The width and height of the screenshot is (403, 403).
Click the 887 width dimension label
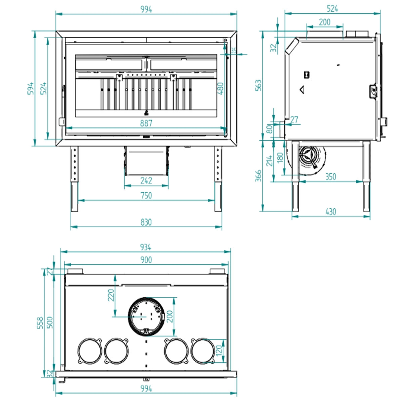(146, 123)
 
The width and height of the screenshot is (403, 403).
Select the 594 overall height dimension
(31, 88)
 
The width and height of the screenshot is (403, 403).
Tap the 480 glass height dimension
(220, 88)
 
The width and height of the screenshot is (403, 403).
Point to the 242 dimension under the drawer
(146, 181)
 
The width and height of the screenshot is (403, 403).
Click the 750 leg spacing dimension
(146, 195)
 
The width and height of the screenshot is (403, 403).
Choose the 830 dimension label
(146, 222)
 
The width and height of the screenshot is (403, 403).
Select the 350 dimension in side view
(330, 177)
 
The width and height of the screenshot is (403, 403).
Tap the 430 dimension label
(330, 212)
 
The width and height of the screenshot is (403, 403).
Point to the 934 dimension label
(145, 247)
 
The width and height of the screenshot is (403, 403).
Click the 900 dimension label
(145, 260)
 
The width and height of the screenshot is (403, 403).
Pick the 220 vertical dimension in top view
(111, 295)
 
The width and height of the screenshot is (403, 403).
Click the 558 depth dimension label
(40, 323)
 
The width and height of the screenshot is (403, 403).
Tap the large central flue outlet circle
(146, 316)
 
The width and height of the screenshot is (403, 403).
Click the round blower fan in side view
(308, 157)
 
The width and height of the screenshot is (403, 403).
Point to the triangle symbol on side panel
(302, 90)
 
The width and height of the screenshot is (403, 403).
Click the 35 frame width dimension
(234, 50)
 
